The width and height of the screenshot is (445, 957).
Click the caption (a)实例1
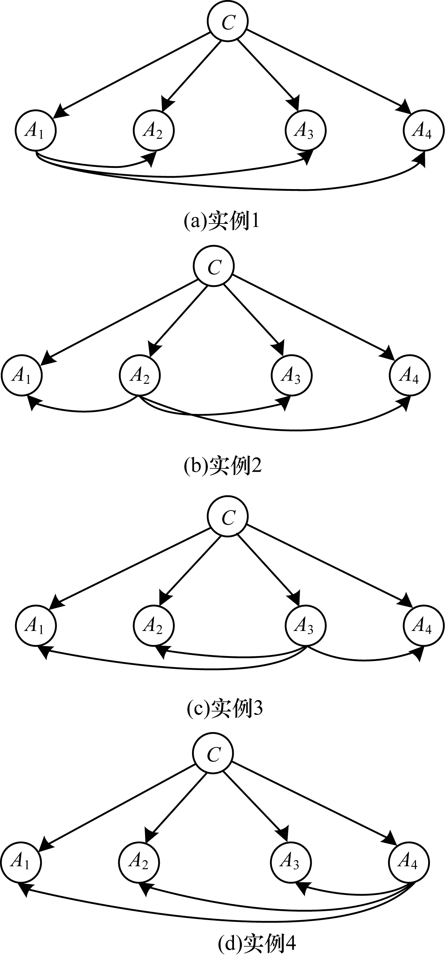222,222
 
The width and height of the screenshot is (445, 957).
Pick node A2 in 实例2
139,375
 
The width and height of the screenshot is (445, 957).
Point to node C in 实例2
214,266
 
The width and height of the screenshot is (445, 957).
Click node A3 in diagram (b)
291,375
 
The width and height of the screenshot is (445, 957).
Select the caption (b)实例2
223,466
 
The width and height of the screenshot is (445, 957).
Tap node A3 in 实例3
305,626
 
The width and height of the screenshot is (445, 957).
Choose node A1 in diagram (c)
35,626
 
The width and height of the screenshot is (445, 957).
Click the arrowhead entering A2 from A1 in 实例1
151,158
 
